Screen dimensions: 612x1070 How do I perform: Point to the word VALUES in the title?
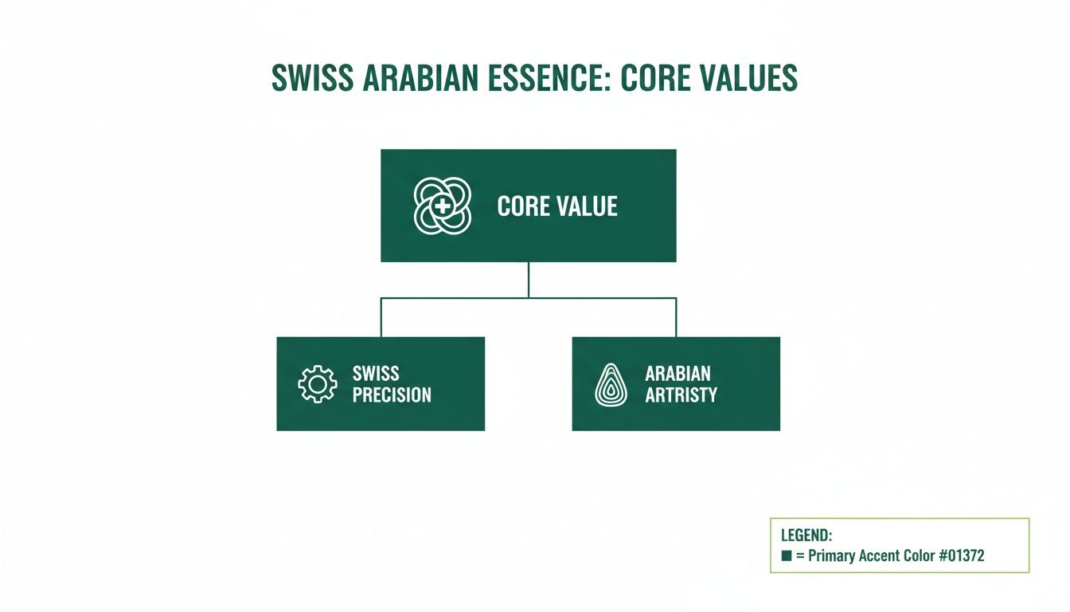click(744, 77)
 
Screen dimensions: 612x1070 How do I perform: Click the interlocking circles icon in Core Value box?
click(443, 206)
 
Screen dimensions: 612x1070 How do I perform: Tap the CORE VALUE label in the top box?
click(557, 207)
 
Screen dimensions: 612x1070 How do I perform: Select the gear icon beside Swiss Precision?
click(317, 384)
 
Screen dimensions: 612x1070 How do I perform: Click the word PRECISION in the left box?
click(392, 394)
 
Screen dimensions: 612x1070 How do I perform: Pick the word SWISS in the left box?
click(376, 374)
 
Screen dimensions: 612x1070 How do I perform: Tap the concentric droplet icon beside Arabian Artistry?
click(612, 384)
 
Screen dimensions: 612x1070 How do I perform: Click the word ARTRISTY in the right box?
click(681, 394)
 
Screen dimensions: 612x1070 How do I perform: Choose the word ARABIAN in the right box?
click(678, 374)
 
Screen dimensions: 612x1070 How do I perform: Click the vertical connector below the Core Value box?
click(529, 280)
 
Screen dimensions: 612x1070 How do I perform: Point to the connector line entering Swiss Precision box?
click(381, 318)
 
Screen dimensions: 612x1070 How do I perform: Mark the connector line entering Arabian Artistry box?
click(676, 318)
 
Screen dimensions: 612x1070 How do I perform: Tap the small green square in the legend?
click(787, 556)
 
